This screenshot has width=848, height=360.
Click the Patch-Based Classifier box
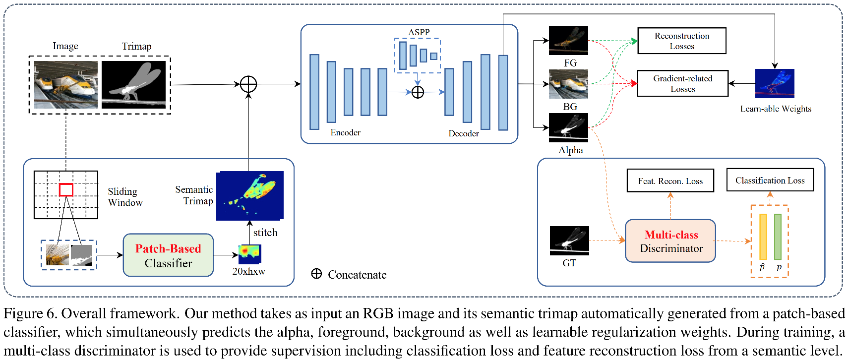[168, 255]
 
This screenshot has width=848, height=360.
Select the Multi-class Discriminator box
[670, 241]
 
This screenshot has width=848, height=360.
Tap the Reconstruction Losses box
[682, 41]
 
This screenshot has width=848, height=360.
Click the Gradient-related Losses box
[682, 83]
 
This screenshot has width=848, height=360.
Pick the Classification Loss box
[770, 180]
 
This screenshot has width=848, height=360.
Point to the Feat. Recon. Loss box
[670, 181]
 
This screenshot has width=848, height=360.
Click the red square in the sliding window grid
[66, 189]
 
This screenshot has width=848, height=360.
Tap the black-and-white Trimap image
[133, 85]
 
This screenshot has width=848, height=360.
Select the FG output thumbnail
[568, 40]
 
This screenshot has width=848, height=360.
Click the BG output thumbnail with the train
[568, 84]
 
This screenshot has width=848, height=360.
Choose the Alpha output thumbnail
[568, 127]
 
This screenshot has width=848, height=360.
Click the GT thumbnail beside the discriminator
[569, 240]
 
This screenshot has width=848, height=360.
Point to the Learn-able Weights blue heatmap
[775, 83]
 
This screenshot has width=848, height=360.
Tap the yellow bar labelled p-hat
[763, 237]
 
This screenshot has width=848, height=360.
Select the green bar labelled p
[778, 237]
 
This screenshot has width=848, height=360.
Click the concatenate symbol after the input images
[248, 84]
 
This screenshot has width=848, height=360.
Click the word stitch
[265, 233]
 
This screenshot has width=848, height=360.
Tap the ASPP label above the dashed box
[419, 32]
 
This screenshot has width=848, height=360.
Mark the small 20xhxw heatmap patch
[249, 253]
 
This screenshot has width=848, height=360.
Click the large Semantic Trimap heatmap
[249, 195]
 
